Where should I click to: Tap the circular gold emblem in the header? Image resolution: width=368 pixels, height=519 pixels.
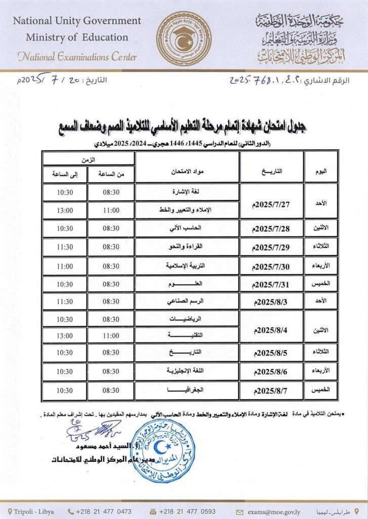click(182, 39)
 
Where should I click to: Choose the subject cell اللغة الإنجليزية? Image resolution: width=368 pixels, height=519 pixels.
click(187, 372)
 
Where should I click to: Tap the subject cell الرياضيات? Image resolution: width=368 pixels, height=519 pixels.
click(187, 319)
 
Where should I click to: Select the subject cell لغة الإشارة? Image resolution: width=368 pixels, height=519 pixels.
click(187, 192)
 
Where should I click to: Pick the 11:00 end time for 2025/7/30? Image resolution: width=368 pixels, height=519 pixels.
click(65, 266)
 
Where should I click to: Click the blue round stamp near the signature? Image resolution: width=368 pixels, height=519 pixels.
click(163, 451)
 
